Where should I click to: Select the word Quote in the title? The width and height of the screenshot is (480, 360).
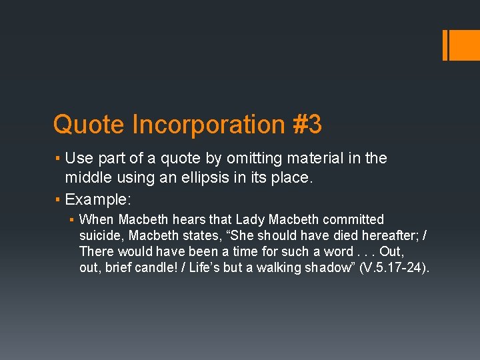89,125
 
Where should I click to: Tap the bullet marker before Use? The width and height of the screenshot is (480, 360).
58,159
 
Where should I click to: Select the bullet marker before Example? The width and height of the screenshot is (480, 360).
58,199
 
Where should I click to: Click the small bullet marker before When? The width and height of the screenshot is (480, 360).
72,219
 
